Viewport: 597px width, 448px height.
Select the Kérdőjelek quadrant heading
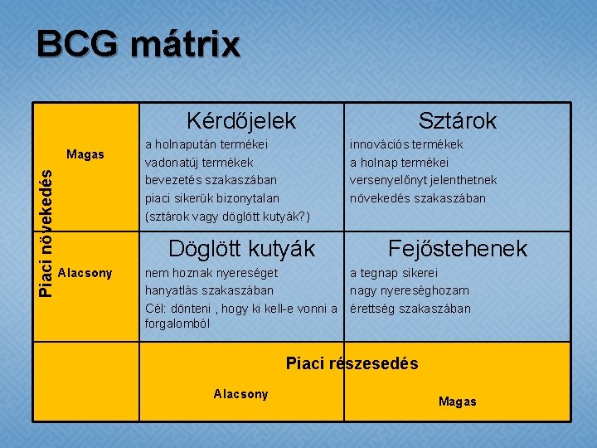coord(240,121)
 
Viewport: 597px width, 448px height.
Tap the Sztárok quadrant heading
coord(457,121)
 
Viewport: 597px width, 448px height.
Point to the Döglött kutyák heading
coord(241,248)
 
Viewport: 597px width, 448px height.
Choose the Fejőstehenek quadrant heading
coord(458,248)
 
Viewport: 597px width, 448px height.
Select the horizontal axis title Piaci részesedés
coord(352,363)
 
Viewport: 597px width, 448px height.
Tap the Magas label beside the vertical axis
coord(85,154)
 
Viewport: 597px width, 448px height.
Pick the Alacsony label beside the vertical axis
coord(85,273)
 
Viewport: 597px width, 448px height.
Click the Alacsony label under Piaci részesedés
coord(240,393)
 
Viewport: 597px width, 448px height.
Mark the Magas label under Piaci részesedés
coord(457,402)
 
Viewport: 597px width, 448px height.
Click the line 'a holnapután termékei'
coord(211,144)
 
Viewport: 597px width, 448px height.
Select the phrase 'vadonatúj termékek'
coord(199,163)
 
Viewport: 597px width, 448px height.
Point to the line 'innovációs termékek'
coord(406,144)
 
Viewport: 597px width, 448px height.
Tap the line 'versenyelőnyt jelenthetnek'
coord(423,180)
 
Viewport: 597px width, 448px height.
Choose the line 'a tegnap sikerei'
coord(393,273)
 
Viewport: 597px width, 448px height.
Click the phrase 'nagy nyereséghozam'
coord(409,290)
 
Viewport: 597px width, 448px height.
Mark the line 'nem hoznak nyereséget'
coord(211,273)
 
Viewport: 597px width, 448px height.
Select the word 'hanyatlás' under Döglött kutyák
coord(171,290)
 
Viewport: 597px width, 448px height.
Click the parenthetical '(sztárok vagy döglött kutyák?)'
coord(227,216)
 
